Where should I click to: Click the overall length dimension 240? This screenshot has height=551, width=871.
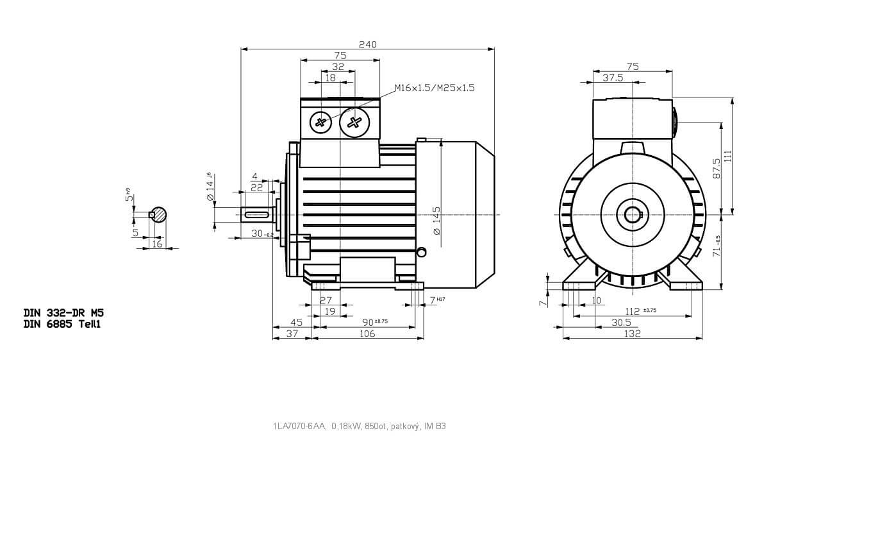[x=367, y=44]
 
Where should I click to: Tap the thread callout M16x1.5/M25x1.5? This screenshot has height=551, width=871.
[x=435, y=88]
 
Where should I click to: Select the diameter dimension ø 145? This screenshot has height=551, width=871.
[x=436, y=221]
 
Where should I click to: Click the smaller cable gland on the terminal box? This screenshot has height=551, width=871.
[x=320, y=121]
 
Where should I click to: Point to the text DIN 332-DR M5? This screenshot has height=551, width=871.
[x=63, y=313]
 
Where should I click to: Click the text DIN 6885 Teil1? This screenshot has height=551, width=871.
[x=62, y=324]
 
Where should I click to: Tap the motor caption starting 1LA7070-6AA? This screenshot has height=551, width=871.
[x=359, y=426]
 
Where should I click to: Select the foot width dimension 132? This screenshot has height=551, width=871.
[x=633, y=334]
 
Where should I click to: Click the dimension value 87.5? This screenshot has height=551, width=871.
[x=717, y=168]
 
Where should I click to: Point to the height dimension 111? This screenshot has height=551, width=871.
[x=727, y=156]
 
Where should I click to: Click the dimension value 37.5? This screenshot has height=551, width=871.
[x=613, y=78]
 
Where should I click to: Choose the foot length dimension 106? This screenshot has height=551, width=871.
[x=367, y=334]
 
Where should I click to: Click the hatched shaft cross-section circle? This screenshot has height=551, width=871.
[x=158, y=215]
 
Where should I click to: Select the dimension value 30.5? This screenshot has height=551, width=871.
[x=621, y=323]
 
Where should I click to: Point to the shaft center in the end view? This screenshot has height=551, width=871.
[x=632, y=215]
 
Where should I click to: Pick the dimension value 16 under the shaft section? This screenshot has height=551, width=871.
[x=157, y=244]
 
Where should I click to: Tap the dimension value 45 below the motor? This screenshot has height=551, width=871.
[x=297, y=322]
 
